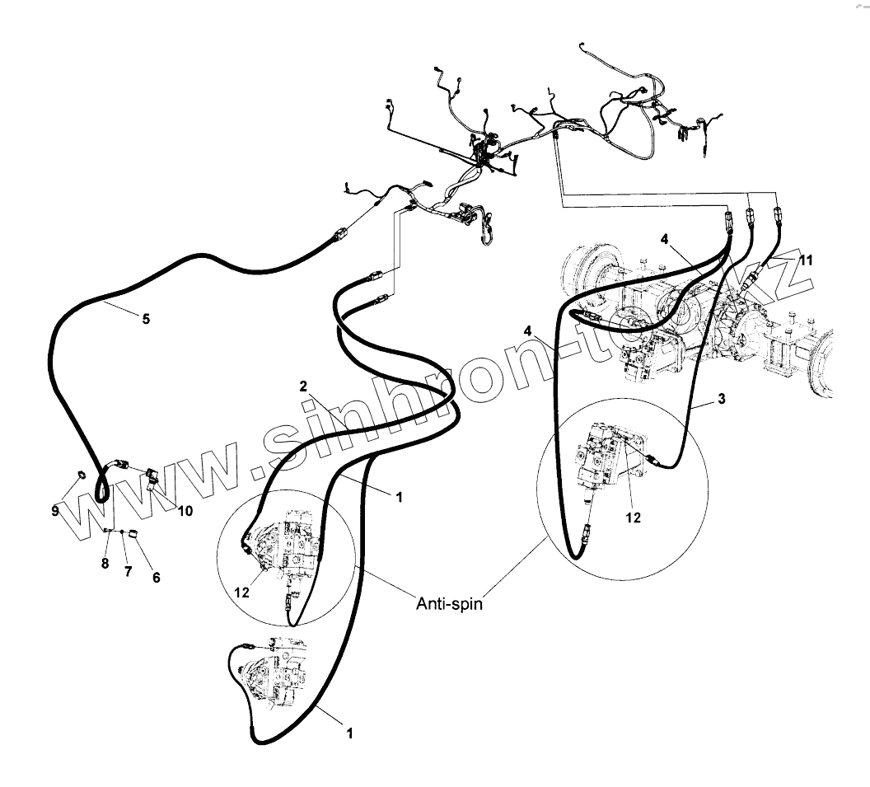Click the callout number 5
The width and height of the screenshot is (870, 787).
click(146, 319)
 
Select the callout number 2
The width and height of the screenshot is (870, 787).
click(303, 386)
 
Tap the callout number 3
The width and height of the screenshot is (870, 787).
click(722, 399)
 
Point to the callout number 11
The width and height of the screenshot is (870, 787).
click(806, 260)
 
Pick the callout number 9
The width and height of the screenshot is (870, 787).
click(55, 511)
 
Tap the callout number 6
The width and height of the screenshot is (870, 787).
click(156, 578)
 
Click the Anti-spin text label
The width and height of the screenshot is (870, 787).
click(448, 603)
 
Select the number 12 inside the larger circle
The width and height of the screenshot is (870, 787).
click(633, 518)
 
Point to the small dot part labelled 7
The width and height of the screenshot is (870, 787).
click(122, 532)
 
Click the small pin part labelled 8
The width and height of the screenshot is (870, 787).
click(108, 532)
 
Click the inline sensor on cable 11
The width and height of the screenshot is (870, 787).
click(746, 284)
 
